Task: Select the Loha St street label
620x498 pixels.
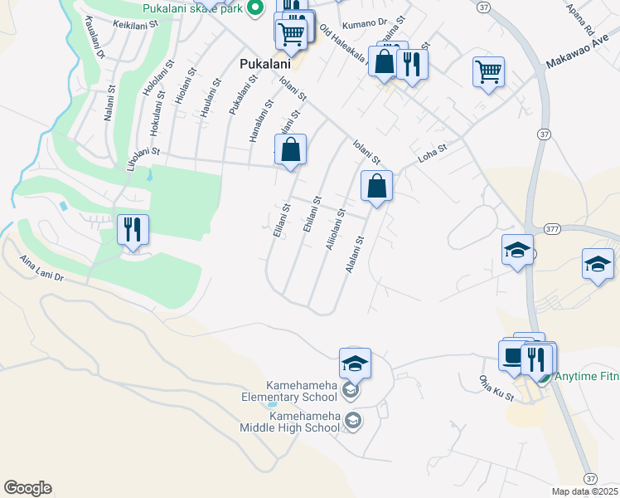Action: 431,153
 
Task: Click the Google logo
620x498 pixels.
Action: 27,488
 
